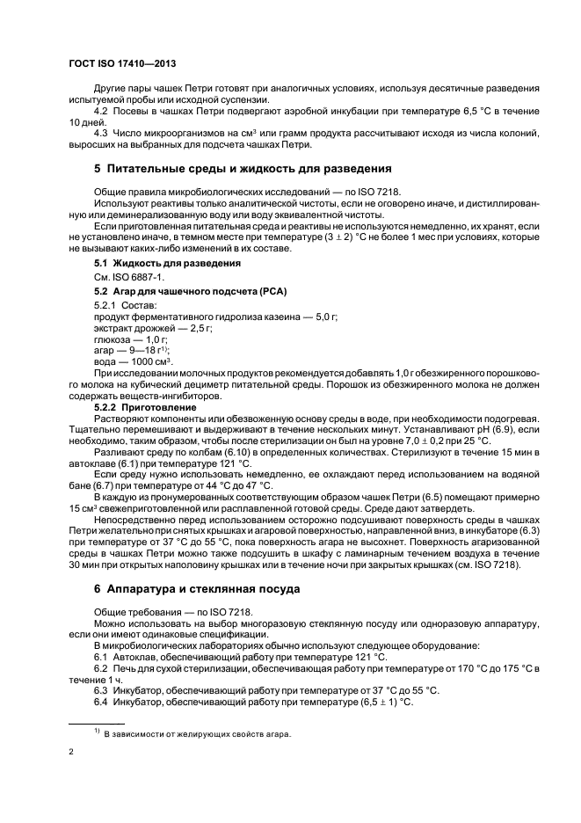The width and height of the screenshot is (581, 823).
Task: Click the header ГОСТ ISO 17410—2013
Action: [122, 65]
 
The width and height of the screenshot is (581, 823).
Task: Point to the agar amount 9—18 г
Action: [141, 350]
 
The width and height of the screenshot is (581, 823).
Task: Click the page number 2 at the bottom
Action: [71, 753]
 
